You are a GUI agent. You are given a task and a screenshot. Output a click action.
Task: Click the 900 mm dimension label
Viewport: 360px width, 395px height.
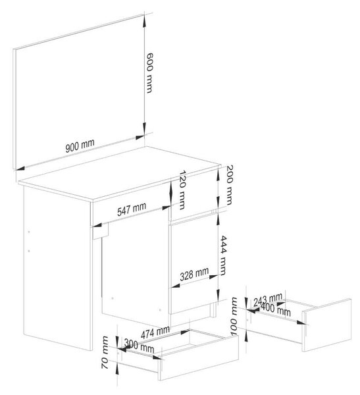(x=80, y=145)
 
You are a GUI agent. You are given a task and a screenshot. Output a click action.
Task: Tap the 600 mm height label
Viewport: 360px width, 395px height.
(x=149, y=73)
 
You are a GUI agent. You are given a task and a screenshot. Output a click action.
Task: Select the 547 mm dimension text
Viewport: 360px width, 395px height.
(x=132, y=209)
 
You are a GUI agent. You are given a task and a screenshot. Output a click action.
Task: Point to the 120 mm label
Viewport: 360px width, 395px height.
(x=182, y=190)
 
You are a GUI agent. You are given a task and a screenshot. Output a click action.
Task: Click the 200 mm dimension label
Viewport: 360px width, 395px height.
(x=229, y=185)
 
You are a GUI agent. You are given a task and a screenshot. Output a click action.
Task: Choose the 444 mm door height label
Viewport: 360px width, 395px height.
(x=223, y=255)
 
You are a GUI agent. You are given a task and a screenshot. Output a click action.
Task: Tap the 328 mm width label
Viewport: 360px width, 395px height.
(x=194, y=274)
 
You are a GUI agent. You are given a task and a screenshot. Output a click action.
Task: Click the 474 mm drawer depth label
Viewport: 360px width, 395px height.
(x=155, y=332)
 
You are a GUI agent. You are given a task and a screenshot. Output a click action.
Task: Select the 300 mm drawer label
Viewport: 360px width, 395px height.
(x=139, y=346)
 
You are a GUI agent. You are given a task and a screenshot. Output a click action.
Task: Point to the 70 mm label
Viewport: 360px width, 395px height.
(x=105, y=352)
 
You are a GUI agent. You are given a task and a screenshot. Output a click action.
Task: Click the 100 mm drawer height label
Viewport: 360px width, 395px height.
(x=234, y=317)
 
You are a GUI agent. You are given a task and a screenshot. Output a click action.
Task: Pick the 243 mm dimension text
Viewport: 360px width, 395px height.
(x=268, y=300)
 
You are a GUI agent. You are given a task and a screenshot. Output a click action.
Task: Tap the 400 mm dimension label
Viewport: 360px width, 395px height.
(x=276, y=309)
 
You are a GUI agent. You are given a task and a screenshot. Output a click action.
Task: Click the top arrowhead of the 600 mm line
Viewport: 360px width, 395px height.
(x=144, y=21)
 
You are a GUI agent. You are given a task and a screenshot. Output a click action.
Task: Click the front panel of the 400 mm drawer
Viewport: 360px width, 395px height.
(x=327, y=325)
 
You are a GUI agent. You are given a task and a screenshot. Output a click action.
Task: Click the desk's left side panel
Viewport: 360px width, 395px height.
(x=57, y=268)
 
